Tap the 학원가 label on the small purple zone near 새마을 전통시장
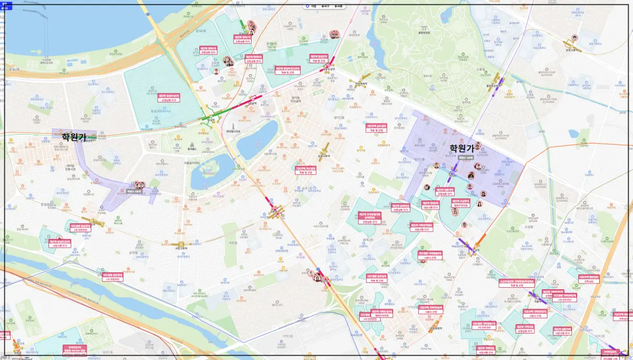74,137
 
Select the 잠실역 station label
210,120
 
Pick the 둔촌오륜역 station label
572,50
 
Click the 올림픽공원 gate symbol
424,28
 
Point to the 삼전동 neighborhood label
133,253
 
